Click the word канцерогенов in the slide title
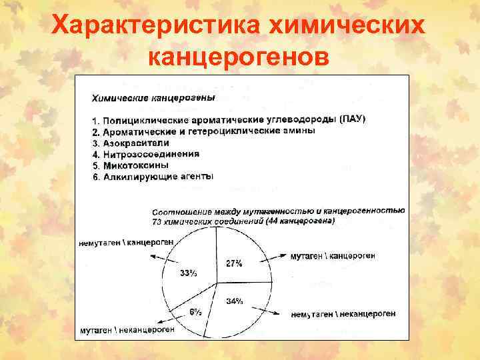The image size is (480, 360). [239, 57]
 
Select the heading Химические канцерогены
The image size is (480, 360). [153, 98]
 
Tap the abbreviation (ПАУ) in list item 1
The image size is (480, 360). [352, 119]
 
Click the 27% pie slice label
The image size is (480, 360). [233, 263]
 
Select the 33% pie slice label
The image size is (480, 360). [188, 273]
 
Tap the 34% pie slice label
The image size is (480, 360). [235, 301]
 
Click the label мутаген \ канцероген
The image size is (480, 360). [333, 255]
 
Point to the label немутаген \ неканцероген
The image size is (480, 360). [344, 313]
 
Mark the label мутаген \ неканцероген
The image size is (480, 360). [127, 329]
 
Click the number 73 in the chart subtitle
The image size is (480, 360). [157, 220]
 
